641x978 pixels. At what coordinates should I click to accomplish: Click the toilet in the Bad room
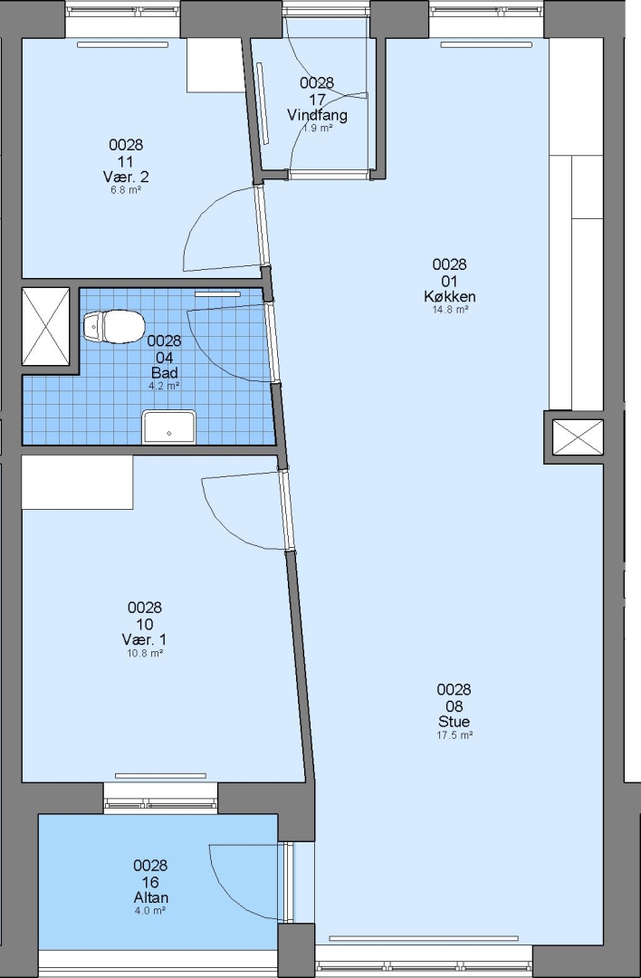(x=114, y=326)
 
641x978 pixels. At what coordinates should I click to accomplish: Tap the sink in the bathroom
(x=169, y=427)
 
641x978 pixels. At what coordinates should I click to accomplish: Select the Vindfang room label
(x=317, y=115)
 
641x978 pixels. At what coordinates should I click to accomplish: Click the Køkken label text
(x=450, y=296)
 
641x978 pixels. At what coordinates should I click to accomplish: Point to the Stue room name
(x=454, y=722)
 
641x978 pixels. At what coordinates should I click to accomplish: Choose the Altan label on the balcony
(x=151, y=897)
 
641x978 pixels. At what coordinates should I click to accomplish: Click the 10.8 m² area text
(x=145, y=653)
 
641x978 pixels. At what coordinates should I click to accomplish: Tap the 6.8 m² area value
(x=126, y=189)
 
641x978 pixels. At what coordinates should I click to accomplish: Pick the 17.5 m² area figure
(x=454, y=735)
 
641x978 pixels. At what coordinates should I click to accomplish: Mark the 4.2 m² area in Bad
(x=164, y=386)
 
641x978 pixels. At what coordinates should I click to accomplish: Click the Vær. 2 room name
(x=126, y=177)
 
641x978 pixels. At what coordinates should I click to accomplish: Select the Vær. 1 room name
(x=145, y=639)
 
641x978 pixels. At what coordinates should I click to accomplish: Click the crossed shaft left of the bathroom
(x=45, y=326)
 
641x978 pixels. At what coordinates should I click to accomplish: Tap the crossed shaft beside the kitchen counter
(x=578, y=436)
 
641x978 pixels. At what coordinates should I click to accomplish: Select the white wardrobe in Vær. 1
(x=77, y=482)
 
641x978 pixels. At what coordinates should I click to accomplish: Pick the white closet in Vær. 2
(x=215, y=65)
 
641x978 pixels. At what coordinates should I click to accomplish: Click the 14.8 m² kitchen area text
(x=450, y=310)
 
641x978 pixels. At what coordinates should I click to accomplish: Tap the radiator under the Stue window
(x=424, y=938)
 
